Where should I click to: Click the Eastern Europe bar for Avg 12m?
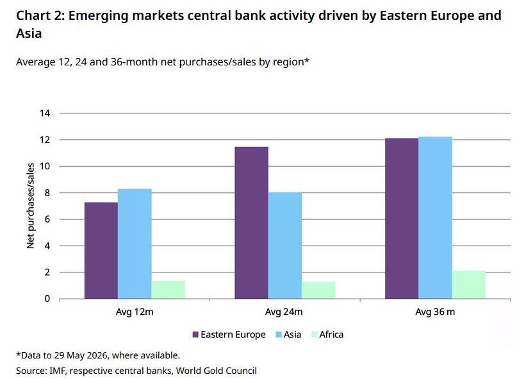(101, 251)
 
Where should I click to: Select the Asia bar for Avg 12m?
(135, 244)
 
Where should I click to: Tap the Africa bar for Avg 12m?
(168, 290)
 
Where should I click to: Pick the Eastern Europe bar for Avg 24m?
(251, 223)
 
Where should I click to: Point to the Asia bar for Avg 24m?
(285, 246)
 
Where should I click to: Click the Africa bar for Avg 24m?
(318, 291)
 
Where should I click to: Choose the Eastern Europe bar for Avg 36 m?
(402, 218)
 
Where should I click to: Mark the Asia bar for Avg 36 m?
(435, 217)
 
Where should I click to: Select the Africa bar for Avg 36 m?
(468, 285)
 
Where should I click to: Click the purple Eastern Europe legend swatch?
(195, 335)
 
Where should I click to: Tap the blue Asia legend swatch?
(279, 335)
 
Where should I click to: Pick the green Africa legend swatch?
(315, 335)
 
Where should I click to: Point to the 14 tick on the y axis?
(45, 113)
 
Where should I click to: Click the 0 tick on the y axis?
(47, 299)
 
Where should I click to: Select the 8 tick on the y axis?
(47, 192)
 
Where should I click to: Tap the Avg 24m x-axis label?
(284, 312)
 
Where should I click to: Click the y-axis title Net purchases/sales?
(31, 206)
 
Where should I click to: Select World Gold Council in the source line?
(217, 371)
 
